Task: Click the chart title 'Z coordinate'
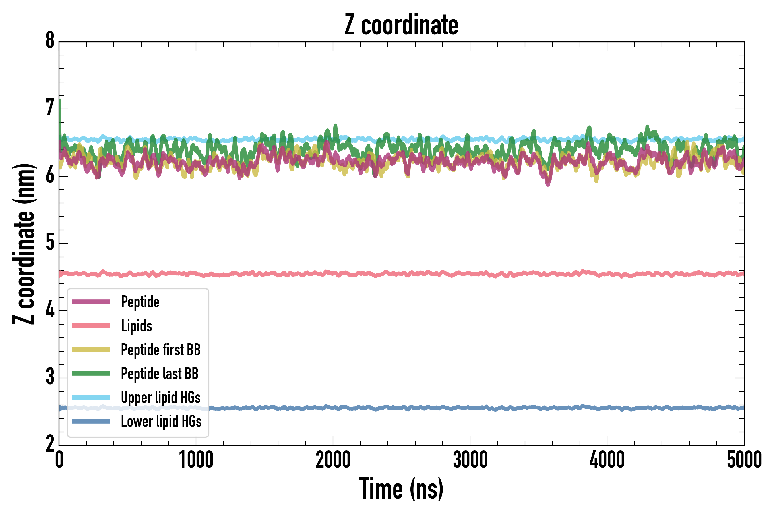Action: click(x=401, y=25)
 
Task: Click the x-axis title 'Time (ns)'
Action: click(x=401, y=489)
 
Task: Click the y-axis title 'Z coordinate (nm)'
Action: click(x=24, y=244)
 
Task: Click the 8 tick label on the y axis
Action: click(x=50, y=41)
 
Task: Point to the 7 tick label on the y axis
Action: click(x=50, y=108)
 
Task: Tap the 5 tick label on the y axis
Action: click(x=50, y=243)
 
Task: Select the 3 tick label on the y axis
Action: click(x=50, y=377)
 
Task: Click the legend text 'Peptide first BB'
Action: click(x=160, y=350)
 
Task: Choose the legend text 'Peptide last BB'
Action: click(x=160, y=374)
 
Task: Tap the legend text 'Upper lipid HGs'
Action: click(x=160, y=397)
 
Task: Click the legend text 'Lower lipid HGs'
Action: click(x=161, y=421)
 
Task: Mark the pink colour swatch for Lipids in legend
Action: click(x=91, y=326)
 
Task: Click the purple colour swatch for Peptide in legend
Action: click(x=91, y=302)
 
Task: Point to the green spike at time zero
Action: click(x=60, y=109)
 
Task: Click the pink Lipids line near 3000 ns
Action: click(x=470, y=274)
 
